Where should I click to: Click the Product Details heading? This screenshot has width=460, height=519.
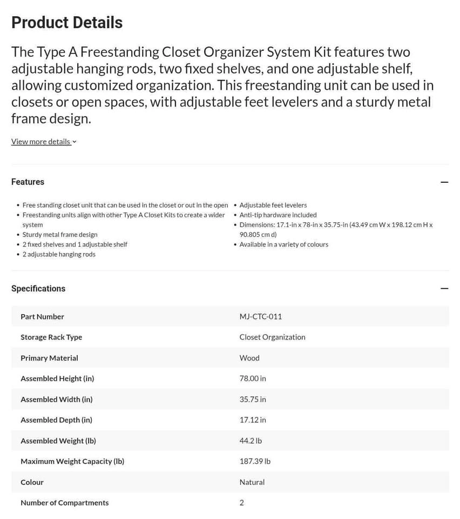tap(67, 23)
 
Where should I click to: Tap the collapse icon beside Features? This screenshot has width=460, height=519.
tap(444, 182)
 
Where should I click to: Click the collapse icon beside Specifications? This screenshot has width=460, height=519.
tap(444, 289)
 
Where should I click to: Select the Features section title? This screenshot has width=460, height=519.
tap(28, 182)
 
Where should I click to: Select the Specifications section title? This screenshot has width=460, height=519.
tap(38, 289)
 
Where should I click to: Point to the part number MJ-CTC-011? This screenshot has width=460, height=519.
tap(260, 316)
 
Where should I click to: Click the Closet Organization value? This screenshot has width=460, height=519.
tap(272, 337)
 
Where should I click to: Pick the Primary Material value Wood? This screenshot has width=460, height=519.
tap(249, 358)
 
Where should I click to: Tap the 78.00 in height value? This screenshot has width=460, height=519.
tap(253, 378)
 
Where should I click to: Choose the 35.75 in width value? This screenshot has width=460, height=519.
tap(253, 399)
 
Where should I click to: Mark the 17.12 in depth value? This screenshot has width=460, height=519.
tap(253, 420)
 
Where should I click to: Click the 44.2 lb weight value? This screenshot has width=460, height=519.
tap(251, 441)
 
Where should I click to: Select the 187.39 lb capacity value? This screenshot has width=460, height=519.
tap(255, 461)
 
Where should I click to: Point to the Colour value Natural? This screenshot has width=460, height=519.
tap(252, 482)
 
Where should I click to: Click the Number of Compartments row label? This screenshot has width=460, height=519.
tap(64, 502)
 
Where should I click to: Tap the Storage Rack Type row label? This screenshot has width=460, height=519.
tap(51, 337)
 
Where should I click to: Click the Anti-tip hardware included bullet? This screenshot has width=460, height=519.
tap(278, 215)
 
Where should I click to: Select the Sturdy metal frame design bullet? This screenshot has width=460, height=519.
tap(60, 234)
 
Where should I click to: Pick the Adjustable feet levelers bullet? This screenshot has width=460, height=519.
tap(273, 205)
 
